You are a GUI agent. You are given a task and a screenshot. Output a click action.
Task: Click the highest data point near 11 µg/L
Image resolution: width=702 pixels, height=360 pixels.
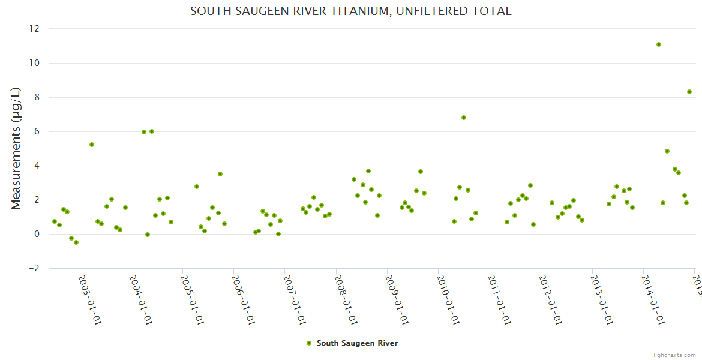[659, 44]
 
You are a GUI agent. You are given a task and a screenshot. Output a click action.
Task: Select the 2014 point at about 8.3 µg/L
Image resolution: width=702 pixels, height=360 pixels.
[689, 92]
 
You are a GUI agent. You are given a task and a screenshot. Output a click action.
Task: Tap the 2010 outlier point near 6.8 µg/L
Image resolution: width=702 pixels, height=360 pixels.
[464, 118]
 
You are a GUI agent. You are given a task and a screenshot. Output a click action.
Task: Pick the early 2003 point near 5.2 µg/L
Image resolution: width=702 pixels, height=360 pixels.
[92, 145]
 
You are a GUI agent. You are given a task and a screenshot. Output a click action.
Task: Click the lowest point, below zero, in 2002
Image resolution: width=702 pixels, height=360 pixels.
[76, 242]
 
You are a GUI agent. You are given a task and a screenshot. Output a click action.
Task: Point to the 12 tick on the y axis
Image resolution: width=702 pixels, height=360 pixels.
[34, 29]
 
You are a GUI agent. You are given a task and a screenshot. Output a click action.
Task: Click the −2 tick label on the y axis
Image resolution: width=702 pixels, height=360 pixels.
[32, 268]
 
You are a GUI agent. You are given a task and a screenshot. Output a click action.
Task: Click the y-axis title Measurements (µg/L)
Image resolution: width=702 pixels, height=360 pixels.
[16, 148]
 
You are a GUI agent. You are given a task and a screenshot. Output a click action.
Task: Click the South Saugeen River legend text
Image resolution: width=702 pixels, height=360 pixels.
[357, 343]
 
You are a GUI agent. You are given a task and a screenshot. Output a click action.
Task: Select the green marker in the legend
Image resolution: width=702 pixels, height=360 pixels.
[309, 343]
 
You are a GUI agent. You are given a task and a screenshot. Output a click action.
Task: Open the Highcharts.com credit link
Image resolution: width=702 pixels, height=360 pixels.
[673, 355]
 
